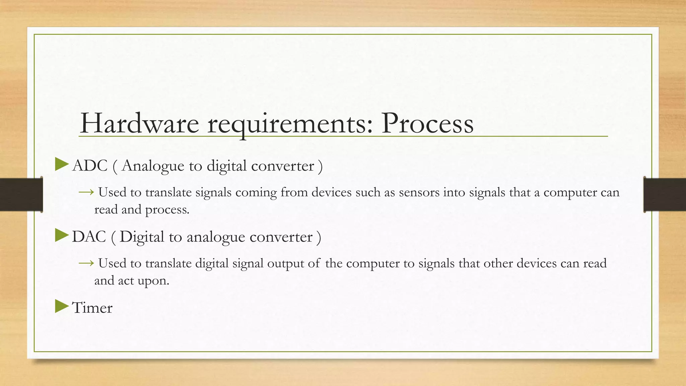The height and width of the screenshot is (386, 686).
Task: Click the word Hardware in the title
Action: click(x=139, y=123)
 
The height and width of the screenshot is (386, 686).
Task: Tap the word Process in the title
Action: click(x=427, y=123)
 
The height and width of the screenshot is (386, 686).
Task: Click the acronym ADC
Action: click(x=90, y=166)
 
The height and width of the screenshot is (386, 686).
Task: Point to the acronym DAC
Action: click(x=89, y=237)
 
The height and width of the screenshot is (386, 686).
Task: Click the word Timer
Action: click(x=92, y=308)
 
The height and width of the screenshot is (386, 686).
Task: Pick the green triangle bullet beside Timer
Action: click(x=61, y=306)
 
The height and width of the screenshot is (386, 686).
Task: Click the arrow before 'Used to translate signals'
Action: click(x=86, y=192)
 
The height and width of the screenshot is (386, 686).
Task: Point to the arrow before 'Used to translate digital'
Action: click(x=86, y=263)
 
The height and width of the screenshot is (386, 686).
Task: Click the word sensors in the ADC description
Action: click(x=419, y=193)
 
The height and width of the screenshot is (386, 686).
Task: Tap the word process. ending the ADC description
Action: click(x=167, y=210)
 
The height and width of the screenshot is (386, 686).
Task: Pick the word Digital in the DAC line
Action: click(x=142, y=237)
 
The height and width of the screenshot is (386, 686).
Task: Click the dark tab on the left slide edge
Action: click(x=21, y=195)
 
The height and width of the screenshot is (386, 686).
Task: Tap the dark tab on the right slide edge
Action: click(x=665, y=195)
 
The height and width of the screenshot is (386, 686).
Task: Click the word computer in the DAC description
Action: click(x=373, y=264)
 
